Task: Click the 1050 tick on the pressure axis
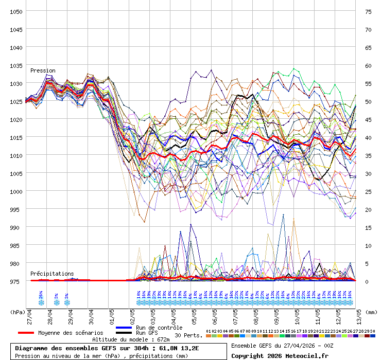15,11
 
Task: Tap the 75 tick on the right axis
368,11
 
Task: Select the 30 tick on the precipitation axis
368,173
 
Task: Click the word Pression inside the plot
43,70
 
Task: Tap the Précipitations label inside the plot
52,274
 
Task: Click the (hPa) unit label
18,311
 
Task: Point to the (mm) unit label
372,311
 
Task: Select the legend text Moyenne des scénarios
71,333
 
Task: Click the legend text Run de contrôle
159,328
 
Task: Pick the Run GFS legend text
147,333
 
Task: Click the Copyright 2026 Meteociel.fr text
279,355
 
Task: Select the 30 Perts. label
189,335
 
